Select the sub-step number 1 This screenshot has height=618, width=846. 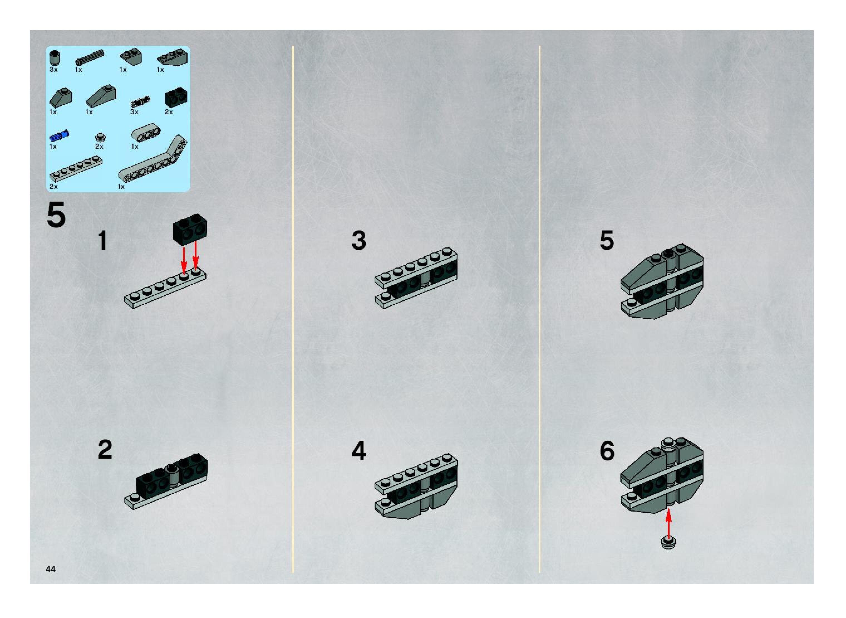click(103, 240)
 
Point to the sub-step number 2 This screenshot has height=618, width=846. click(105, 450)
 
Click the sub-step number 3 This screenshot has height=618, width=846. click(359, 240)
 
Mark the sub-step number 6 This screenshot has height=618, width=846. click(607, 451)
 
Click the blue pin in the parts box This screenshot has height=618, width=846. click(59, 136)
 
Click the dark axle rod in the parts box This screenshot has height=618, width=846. click(90, 57)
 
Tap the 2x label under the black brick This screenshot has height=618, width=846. click(169, 112)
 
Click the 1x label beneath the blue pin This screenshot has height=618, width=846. click(53, 146)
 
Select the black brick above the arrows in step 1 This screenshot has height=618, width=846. click(190, 229)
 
